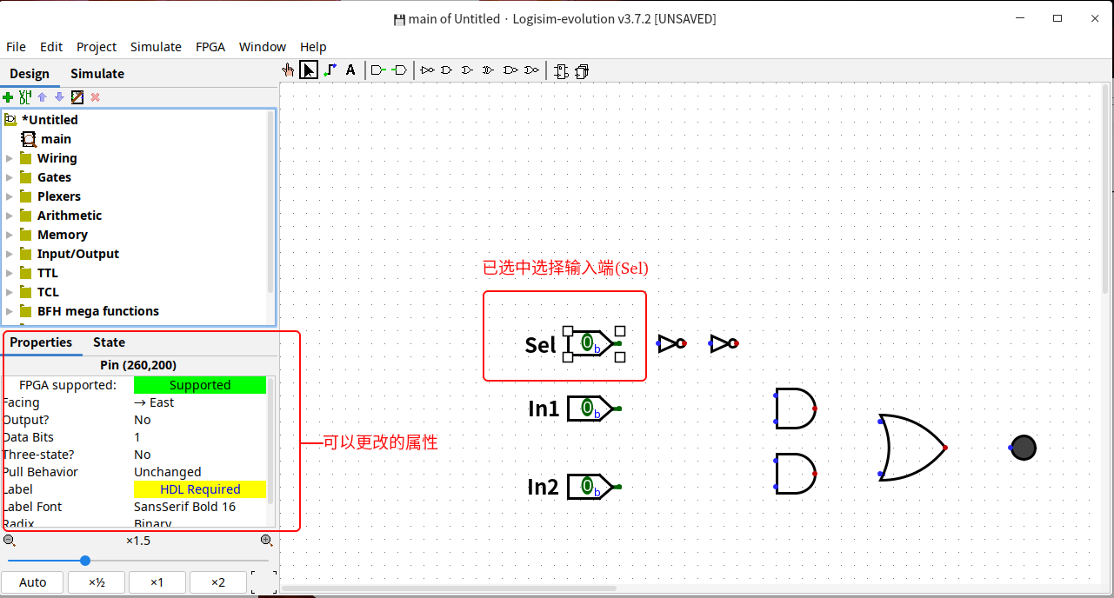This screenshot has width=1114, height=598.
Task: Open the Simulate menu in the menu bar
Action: pyautogui.click(x=156, y=47)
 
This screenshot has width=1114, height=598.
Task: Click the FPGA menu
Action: pyautogui.click(x=210, y=47)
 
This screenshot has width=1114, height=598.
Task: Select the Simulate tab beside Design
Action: pyautogui.click(x=97, y=74)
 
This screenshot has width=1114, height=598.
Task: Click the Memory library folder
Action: pyautogui.click(x=62, y=235)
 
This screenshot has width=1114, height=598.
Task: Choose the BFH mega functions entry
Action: pyautogui.click(x=97, y=311)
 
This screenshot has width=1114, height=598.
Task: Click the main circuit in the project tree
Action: pyautogui.click(x=56, y=139)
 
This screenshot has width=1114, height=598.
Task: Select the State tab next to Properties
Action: pyautogui.click(x=109, y=342)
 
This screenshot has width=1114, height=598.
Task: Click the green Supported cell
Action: pyautogui.click(x=200, y=385)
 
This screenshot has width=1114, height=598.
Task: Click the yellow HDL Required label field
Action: pyautogui.click(x=200, y=489)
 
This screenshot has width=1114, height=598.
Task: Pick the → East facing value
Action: pyautogui.click(x=154, y=402)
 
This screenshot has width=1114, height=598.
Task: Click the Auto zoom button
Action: pyautogui.click(x=33, y=582)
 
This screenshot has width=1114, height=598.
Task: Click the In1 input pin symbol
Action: pyautogui.click(x=590, y=409)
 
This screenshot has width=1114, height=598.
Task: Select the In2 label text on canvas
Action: pyautogui.click(x=543, y=487)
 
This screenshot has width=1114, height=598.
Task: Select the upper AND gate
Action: pyautogui.click(x=794, y=409)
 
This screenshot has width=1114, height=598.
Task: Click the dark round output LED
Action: pyautogui.click(x=1024, y=448)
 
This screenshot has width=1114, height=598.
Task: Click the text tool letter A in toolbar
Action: pyautogui.click(x=350, y=70)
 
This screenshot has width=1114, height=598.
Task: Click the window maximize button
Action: pyautogui.click(x=1057, y=18)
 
